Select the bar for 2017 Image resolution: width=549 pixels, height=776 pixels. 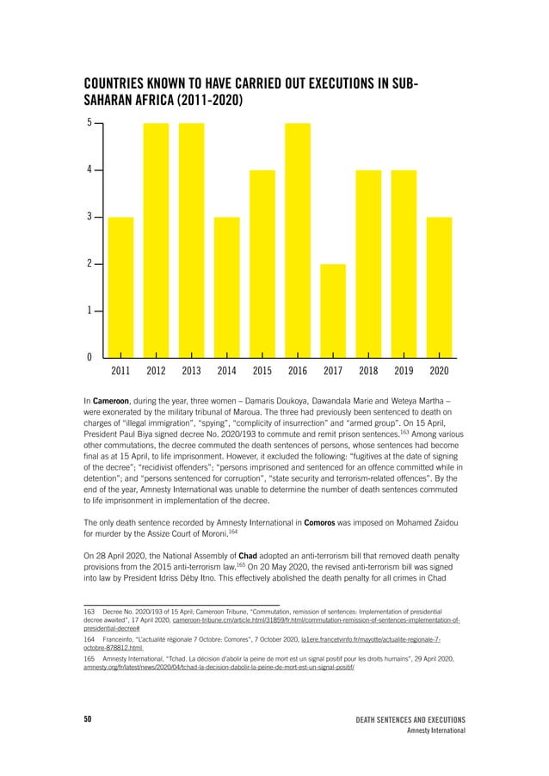pyautogui.click(x=333, y=310)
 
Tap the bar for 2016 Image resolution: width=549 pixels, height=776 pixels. pyautogui.click(x=298, y=240)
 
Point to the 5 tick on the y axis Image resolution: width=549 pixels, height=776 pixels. pyautogui.click(x=89, y=123)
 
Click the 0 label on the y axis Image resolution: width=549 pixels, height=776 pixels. pyautogui.click(x=89, y=357)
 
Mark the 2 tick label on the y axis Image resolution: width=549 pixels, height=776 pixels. pyautogui.click(x=89, y=263)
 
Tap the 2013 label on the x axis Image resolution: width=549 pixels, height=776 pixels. pyautogui.click(x=192, y=372)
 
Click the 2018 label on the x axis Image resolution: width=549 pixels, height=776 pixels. pyautogui.click(x=368, y=372)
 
